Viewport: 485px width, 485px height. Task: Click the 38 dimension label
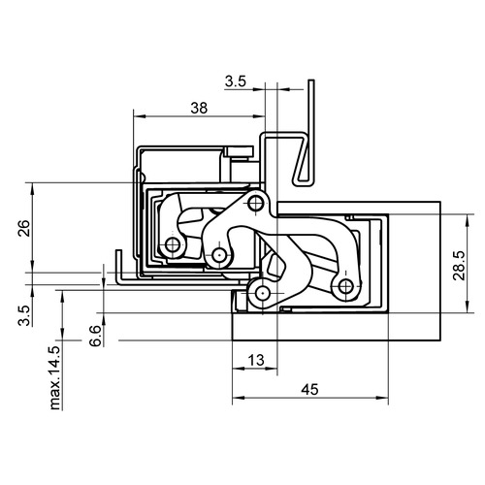[199, 108]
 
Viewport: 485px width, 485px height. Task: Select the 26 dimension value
[24, 228]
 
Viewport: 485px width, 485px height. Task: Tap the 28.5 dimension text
[459, 266]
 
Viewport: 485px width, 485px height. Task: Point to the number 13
[256, 360]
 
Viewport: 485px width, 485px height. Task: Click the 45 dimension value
[309, 389]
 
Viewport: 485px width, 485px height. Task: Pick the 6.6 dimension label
[96, 337]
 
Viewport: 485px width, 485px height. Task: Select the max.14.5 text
[55, 378]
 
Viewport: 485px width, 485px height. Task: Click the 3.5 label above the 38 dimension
[236, 81]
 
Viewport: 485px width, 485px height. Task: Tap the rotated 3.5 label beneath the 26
[24, 315]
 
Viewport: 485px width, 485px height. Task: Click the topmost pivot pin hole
[255, 204]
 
